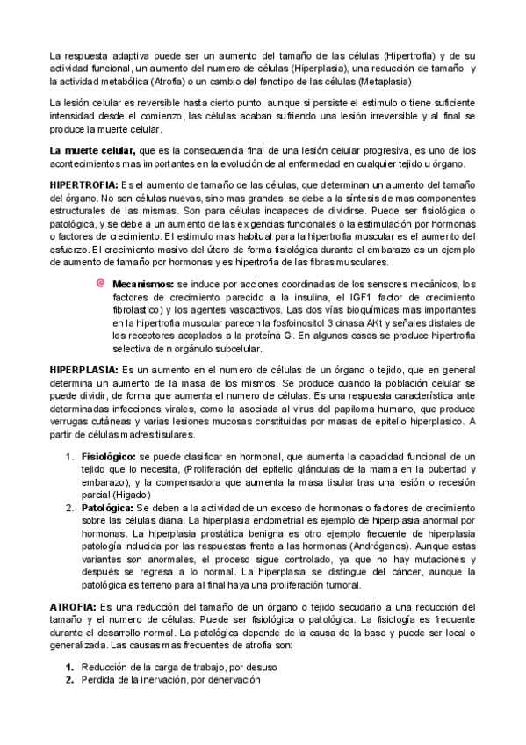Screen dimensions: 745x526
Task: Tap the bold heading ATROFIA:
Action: coord(73,583)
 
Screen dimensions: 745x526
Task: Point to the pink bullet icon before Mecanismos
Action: coord(100,284)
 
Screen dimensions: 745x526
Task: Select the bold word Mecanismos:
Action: coord(143,285)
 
